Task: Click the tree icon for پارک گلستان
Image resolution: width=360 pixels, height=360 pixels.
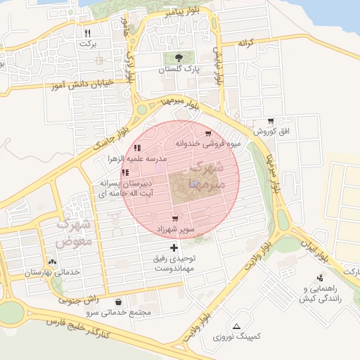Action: (x=179, y=58)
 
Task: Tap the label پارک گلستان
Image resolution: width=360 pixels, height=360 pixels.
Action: (x=179, y=70)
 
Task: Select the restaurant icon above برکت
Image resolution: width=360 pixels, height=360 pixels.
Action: (x=87, y=32)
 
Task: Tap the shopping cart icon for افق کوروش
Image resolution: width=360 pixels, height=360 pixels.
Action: (x=271, y=121)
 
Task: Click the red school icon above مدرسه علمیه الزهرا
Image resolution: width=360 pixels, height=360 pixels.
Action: (x=136, y=148)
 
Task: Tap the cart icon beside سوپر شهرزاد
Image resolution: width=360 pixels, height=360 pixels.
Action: (x=175, y=219)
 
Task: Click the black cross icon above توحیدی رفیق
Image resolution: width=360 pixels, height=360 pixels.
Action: (x=174, y=247)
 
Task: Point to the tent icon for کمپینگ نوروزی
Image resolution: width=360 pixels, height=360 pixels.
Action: (x=236, y=326)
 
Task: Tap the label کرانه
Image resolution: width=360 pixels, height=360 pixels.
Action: (x=245, y=43)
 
